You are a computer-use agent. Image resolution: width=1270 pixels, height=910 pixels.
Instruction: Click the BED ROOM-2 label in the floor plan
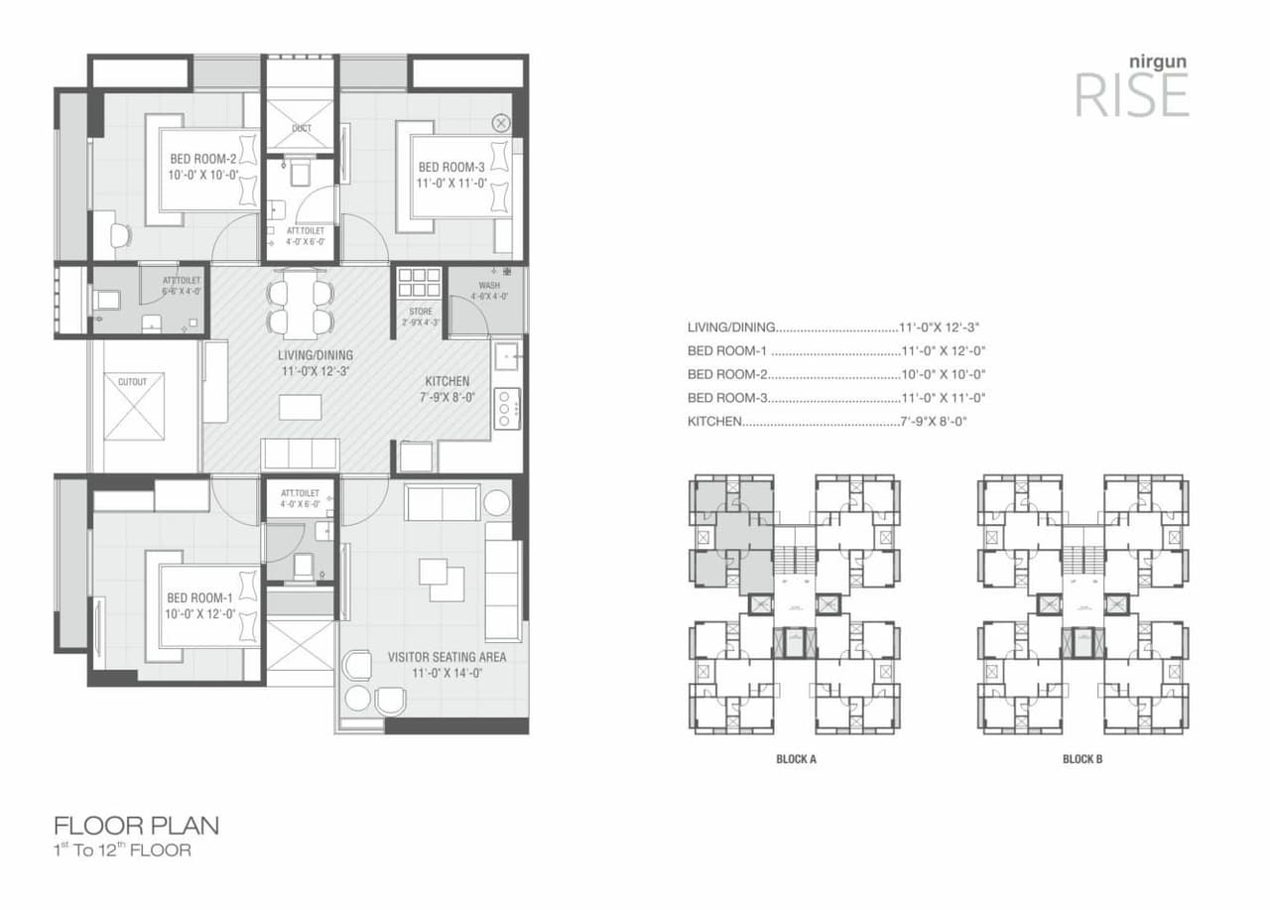click(x=202, y=159)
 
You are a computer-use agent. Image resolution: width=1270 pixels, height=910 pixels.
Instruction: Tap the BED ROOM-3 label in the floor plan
click(x=450, y=168)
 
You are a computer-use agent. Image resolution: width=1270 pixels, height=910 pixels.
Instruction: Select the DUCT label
click(x=302, y=128)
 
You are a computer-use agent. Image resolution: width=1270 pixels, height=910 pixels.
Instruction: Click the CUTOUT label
click(x=132, y=382)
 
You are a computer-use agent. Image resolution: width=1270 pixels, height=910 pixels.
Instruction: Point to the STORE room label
click(x=420, y=312)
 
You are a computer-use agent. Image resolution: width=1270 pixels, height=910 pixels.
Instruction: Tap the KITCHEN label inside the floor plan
click(x=446, y=381)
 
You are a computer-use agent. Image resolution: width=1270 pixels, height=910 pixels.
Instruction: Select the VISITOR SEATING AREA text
click(x=446, y=657)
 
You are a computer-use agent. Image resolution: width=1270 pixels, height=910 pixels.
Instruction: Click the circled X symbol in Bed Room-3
click(x=501, y=123)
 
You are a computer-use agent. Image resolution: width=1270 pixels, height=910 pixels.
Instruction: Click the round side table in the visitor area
click(x=496, y=502)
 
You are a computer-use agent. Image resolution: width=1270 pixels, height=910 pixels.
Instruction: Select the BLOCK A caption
click(x=796, y=759)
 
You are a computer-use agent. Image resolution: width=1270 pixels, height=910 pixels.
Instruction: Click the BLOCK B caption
click(x=1082, y=759)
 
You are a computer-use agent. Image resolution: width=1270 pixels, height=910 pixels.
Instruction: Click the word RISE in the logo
click(x=1131, y=96)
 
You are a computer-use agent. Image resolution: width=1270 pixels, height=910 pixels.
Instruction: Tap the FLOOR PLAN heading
click(x=136, y=825)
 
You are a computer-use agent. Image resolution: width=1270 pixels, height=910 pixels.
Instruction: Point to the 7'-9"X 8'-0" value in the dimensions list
click(x=933, y=422)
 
